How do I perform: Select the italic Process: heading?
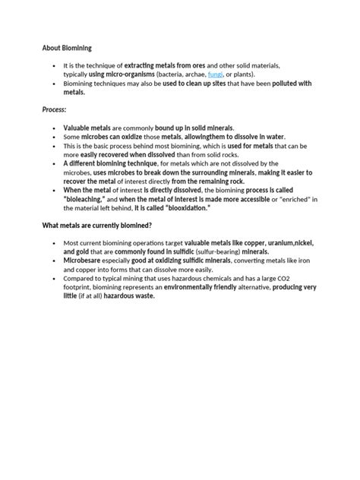(55, 110)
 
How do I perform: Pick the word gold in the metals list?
(86, 251)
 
